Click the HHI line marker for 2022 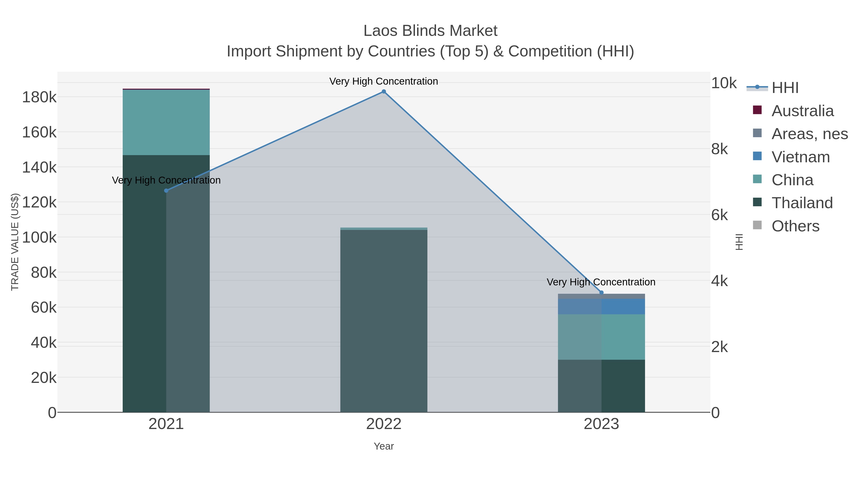384,92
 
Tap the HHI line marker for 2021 166,191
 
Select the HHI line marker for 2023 601,293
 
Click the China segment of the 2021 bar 166,122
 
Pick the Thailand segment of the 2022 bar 384,321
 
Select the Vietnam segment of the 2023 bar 601,306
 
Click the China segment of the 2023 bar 601,337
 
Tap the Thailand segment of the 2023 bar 601,386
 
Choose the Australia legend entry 802,111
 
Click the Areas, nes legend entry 809,134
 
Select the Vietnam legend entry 800,157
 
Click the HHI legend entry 784,88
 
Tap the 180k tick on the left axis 39,98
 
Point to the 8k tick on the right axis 719,149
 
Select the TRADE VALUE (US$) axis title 15,242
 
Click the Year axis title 384,446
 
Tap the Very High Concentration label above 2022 384,81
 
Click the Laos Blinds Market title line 430,31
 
